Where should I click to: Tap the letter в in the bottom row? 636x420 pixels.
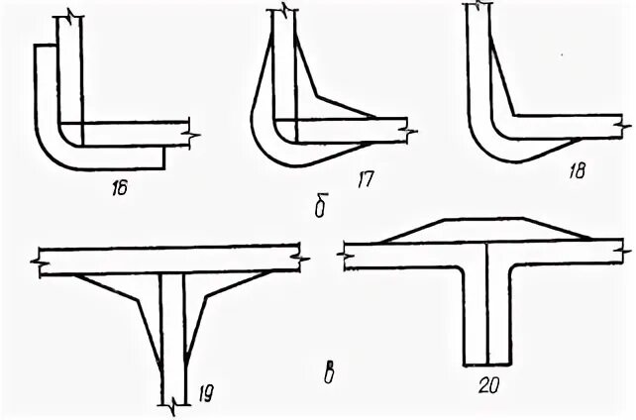coord(325,373)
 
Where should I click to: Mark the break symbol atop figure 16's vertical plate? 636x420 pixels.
coord(69,16)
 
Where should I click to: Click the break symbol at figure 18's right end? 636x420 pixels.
coord(621,126)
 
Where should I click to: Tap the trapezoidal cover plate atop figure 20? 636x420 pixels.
coord(485,230)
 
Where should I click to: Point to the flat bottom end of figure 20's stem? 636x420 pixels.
coord(487,363)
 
